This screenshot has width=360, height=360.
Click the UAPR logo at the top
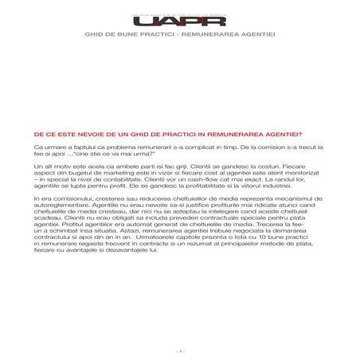(180, 22)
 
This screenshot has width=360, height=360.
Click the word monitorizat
(276, 174)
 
